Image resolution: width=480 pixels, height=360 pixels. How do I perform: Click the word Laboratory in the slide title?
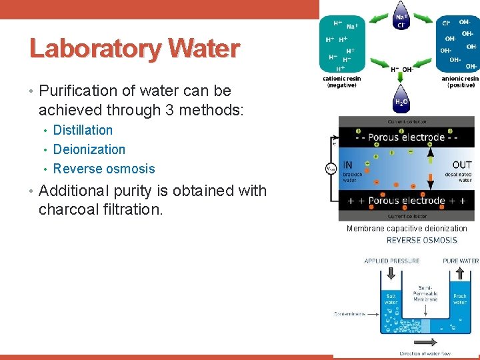[96, 49]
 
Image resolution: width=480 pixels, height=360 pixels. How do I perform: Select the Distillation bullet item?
[83, 130]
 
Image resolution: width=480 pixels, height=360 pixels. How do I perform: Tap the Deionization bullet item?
[89, 149]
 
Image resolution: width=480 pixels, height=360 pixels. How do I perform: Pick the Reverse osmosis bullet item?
[103, 169]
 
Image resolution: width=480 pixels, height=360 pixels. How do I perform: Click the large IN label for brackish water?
[348, 165]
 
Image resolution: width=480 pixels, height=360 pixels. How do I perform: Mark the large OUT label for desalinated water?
[461, 165]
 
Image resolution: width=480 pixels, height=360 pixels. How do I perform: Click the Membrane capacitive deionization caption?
[407, 229]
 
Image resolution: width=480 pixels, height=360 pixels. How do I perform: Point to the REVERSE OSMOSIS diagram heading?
[421, 240]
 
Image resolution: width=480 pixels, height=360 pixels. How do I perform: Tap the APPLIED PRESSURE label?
[391, 261]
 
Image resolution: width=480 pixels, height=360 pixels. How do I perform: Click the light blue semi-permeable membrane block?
[426, 325]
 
